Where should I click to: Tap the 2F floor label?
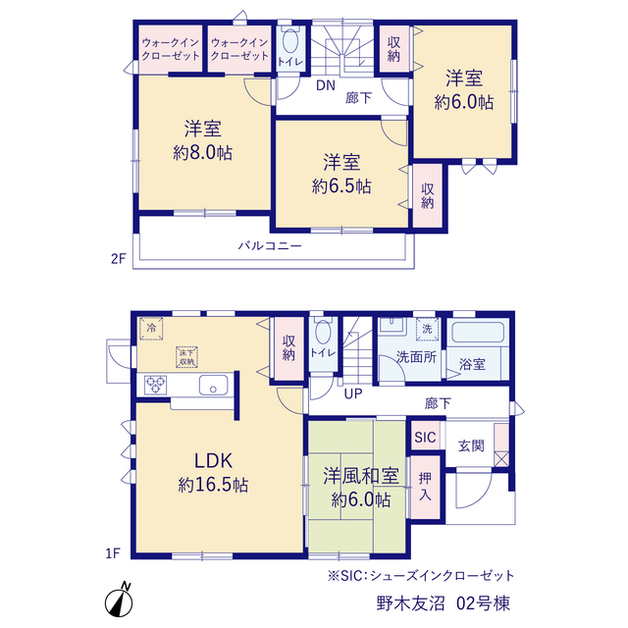pos(118,259)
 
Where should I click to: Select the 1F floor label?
pos(113,553)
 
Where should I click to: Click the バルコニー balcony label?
pos(270,245)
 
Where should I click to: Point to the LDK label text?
pos(213,460)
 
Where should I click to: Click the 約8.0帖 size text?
pos(203,153)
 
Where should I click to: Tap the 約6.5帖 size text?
pos(341,186)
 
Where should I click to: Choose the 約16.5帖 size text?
pos(213,485)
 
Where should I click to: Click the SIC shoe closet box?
pos(425,437)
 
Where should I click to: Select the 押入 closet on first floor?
pos(425,488)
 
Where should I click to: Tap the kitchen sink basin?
pos(214,386)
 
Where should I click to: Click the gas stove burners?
pos(155,385)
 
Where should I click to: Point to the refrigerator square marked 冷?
pos(151,329)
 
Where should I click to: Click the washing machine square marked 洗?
pos(428,329)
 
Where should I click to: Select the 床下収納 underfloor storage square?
pos(186,357)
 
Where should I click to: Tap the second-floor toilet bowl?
pos(290,42)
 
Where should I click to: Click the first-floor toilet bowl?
pos(323,332)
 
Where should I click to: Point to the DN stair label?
pos(326,85)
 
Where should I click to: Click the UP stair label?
pos(353,393)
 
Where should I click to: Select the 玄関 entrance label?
pos(471,445)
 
